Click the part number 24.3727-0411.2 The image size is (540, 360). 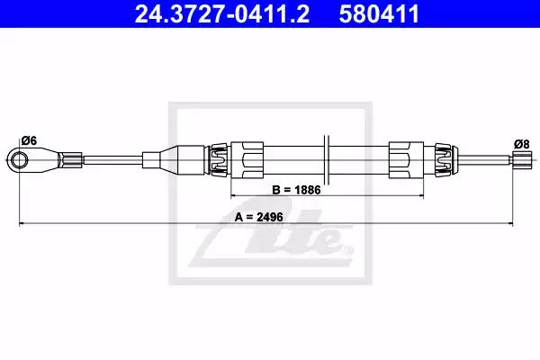tap(222, 14)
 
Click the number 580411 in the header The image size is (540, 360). tap(379, 14)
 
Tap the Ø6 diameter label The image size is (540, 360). tap(29, 140)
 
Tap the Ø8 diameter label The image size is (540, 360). tap(521, 144)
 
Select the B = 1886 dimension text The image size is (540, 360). tap(296, 190)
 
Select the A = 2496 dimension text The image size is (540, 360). tap(259, 217)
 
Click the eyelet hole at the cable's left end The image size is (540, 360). tap(19, 160)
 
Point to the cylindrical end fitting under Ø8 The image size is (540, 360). tap(522, 160)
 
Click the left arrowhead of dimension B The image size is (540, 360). tap(233, 195)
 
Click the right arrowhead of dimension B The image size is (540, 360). tap(421, 195)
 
